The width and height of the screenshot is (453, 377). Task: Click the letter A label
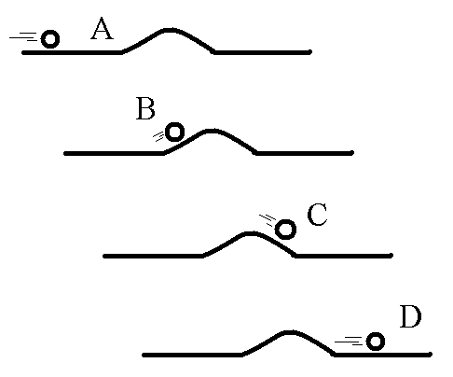coord(102,29)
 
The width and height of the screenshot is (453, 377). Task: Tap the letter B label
coord(145,108)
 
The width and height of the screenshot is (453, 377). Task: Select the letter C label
coord(317,215)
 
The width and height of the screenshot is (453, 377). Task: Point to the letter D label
coord(410,316)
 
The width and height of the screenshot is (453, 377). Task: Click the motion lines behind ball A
coord(23,37)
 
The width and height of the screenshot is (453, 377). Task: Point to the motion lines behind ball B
coord(158,136)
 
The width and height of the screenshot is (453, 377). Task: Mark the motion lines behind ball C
coord(268,219)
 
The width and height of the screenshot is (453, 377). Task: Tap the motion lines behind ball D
coord(349,341)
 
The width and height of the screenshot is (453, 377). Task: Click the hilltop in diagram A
coord(169,30)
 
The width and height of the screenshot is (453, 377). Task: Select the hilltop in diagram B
coord(211,131)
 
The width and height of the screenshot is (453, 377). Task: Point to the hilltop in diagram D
coord(289,332)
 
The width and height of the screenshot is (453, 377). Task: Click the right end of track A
coord(309,52)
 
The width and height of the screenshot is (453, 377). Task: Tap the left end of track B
coord(65,153)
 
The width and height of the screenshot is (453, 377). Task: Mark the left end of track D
coord(144,355)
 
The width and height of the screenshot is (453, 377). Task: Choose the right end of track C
coord(391,256)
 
